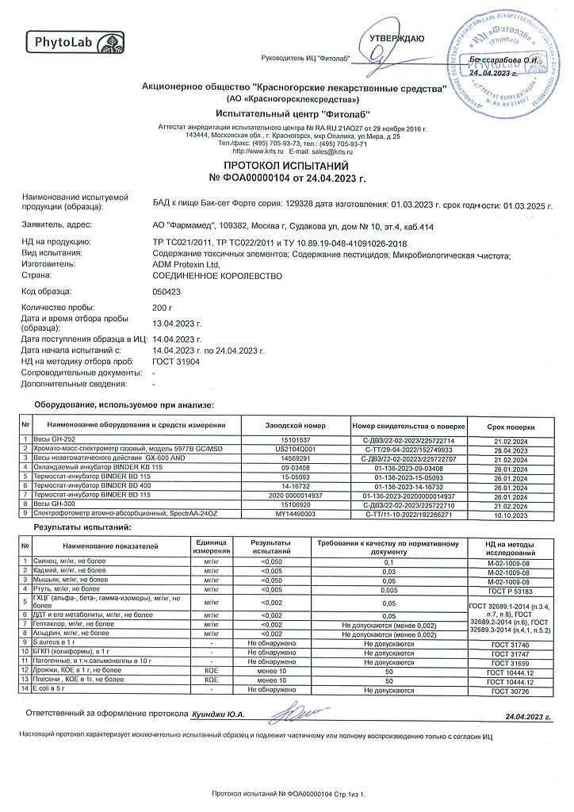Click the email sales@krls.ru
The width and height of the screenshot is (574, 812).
pos(320,151)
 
